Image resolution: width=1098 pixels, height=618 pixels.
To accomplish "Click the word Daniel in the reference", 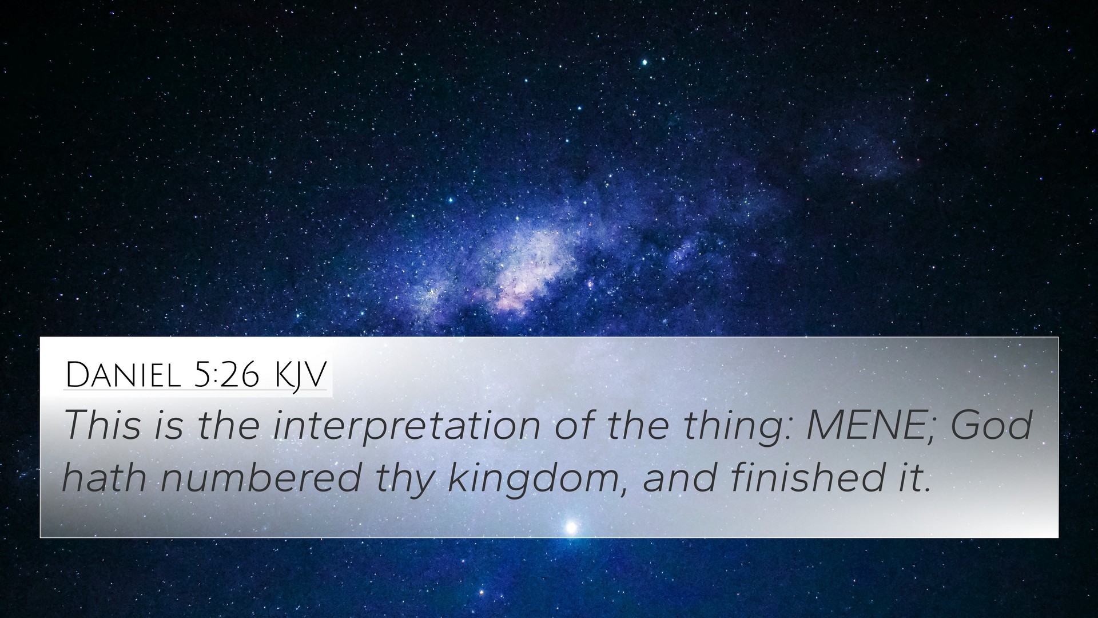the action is [x=125, y=375].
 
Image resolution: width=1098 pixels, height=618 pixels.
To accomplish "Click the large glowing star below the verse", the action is [x=570, y=527].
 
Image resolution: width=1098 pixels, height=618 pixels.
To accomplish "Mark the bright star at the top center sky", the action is [x=645, y=62].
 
